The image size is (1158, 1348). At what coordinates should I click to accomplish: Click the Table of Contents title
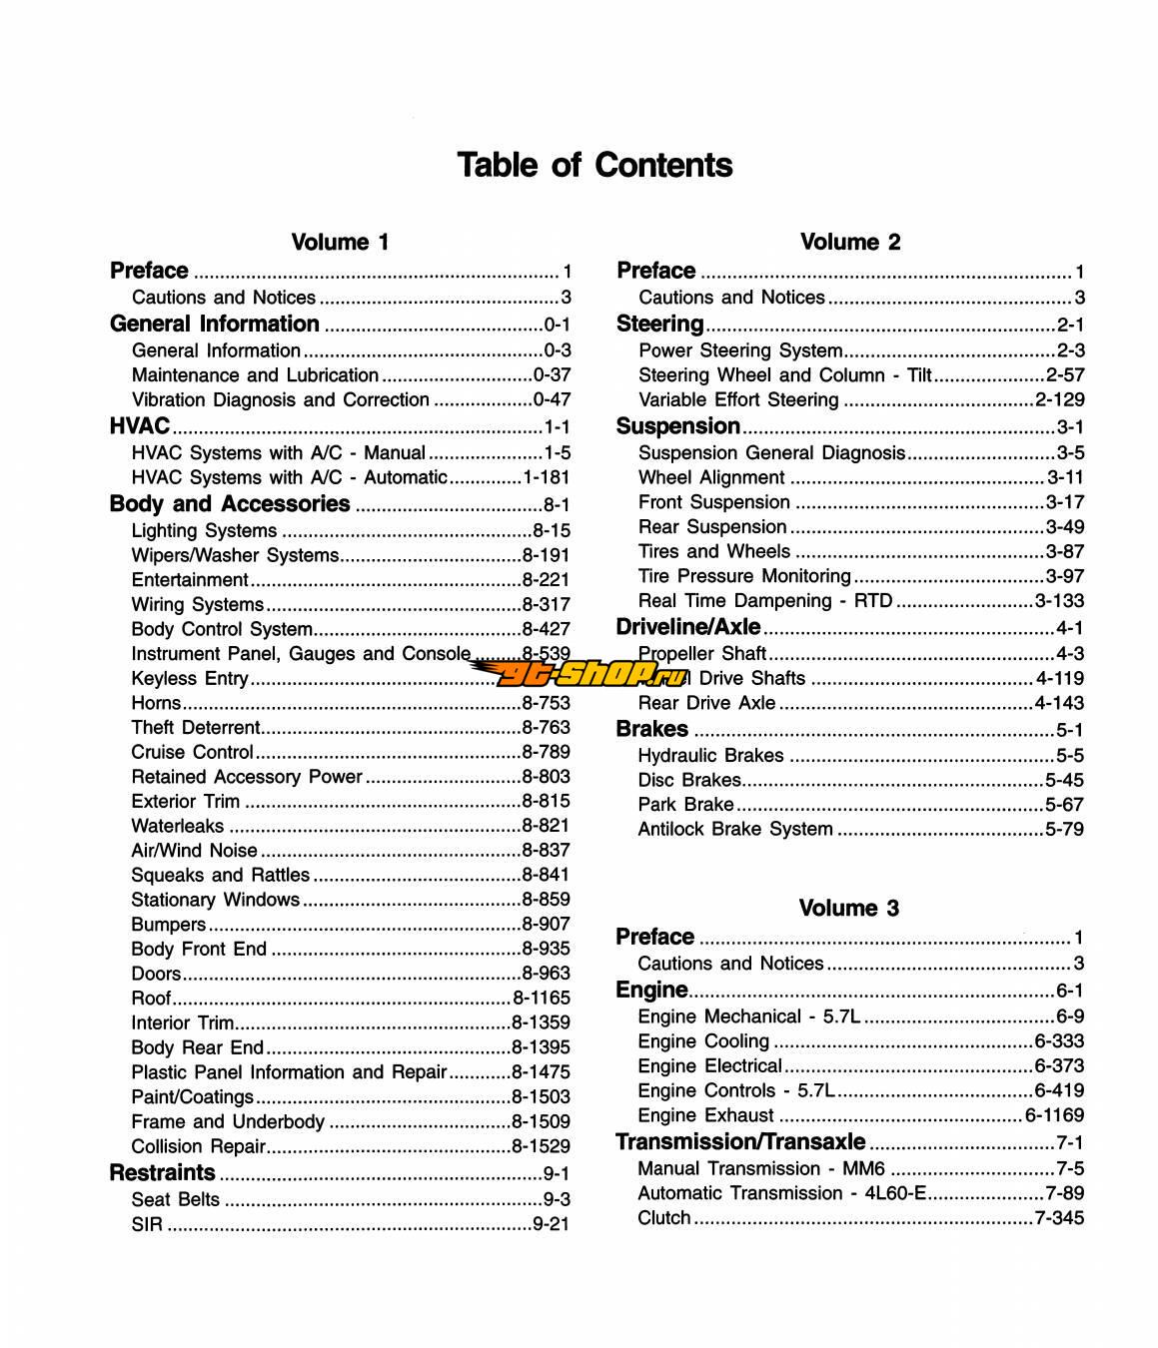tap(594, 165)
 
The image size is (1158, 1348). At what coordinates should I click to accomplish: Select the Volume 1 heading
tap(340, 242)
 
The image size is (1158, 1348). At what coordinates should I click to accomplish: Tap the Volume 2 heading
tap(849, 242)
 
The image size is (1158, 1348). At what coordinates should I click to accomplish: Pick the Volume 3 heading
tap(848, 908)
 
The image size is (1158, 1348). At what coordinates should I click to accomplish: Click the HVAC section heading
tap(140, 426)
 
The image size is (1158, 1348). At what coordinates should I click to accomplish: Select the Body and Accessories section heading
tap(230, 504)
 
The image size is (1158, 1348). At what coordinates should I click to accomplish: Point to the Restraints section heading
tap(162, 1172)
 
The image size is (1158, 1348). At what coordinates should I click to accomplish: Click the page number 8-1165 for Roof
tap(541, 998)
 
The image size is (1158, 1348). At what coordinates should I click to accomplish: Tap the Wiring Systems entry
tap(198, 604)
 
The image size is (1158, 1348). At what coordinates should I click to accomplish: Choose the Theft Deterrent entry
tap(196, 727)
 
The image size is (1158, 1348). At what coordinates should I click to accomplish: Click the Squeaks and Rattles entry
tap(221, 875)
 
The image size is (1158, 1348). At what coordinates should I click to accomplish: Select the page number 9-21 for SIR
tap(551, 1223)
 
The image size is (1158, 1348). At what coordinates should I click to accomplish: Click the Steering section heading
tap(660, 324)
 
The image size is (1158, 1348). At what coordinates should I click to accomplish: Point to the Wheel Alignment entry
tap(711, 477)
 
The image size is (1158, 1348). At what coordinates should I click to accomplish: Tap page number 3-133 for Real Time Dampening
tap(1059, 600)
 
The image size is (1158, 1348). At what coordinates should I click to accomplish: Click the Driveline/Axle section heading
tap(688, 627)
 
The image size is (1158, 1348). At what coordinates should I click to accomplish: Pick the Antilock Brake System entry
tap(735, 829)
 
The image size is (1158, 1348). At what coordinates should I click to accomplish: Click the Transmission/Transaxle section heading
tap(740, 1141)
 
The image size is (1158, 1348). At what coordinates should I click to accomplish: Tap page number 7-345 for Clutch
tap(1059, 1217)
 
